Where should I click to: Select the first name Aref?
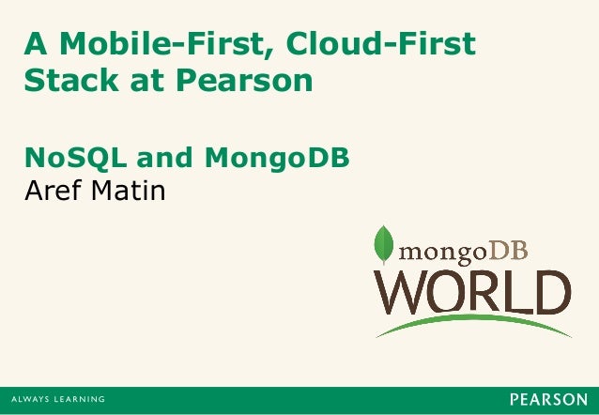pyautogui.click(x=52, y=192)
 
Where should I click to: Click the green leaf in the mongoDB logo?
pyautogui.click(x=383, y=245)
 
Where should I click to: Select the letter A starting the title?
pyautogui.click(x=35, y=42)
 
